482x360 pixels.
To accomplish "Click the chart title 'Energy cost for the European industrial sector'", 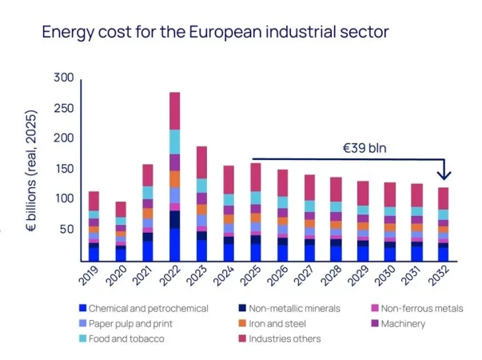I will pyautogui.click(x=215, y=33).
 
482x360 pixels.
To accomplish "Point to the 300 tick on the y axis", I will pyautogui.click(x=63, y=78).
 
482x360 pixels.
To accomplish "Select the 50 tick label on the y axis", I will pyautogui.click(x=66, y=230).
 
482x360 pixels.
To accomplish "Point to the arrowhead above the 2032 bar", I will pyautogui.click(x=444, y=174).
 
